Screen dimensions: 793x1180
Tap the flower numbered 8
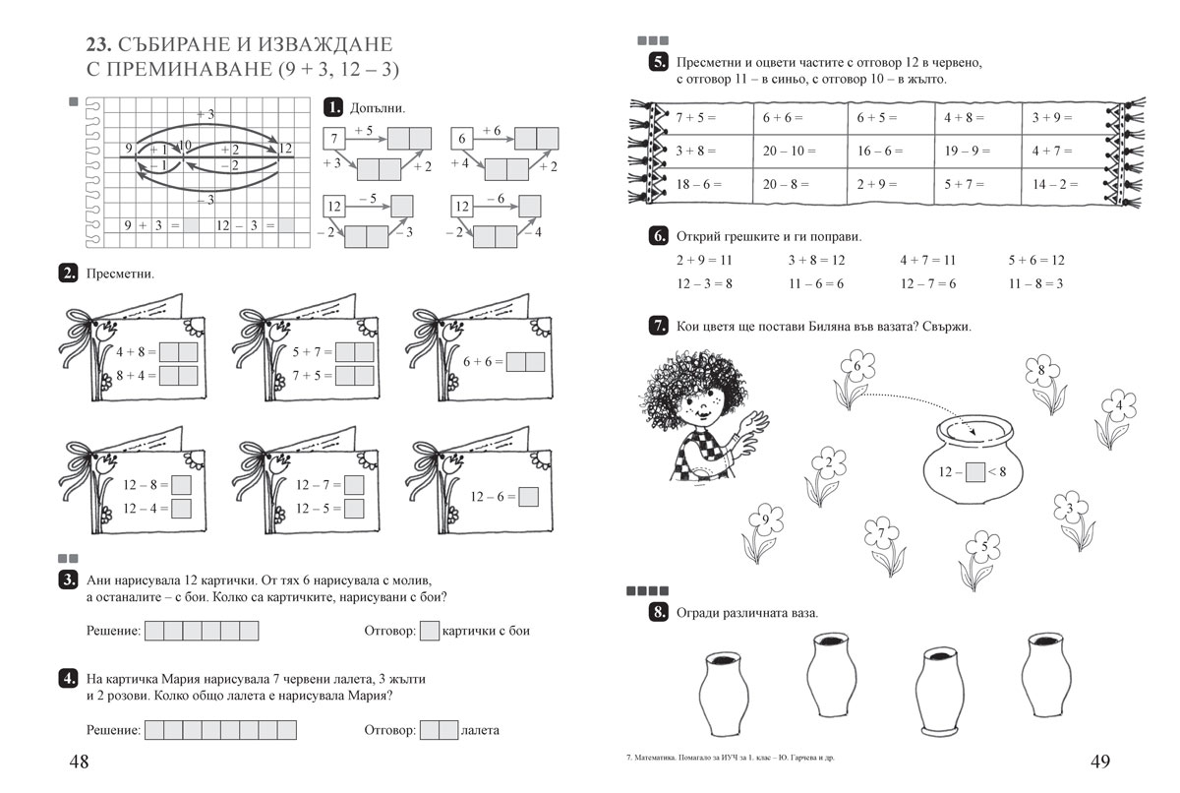point(1043,373)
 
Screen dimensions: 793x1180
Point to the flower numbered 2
point(829,464)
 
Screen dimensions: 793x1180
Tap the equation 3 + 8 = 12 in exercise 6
point(816,261)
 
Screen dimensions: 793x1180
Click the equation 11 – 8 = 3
point(1035,283)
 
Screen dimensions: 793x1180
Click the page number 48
point(79,762)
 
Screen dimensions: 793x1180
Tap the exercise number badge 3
point(69,579)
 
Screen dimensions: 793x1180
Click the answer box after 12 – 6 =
point(528,497)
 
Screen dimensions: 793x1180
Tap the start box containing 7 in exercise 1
point(335,138)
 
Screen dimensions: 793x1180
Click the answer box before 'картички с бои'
point(429,631)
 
